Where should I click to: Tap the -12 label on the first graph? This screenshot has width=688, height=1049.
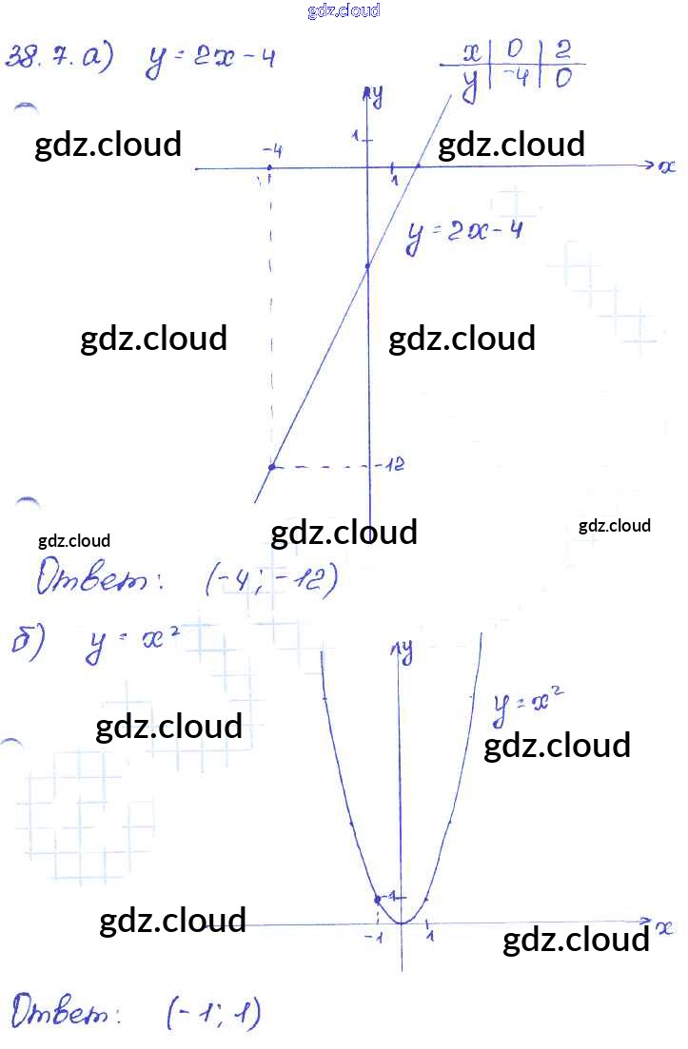pos(391,465)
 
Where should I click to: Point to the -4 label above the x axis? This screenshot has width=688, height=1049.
pos(272,150)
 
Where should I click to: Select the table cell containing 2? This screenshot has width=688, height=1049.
pos(562,52)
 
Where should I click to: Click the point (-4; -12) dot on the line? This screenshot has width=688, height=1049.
pos(272,466)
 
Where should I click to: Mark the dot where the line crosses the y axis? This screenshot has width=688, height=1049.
pos(367,268)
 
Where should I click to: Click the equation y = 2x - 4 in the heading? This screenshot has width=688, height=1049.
pos(211,60)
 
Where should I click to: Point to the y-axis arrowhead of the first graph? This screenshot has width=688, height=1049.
pos(367,93)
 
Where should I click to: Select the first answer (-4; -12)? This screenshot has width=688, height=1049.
pos(272,579)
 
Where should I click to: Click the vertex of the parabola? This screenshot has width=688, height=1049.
pos(402,923)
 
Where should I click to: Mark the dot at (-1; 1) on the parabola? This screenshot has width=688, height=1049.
pos(378,899)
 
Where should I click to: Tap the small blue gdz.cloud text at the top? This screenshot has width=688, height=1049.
pos(344,10)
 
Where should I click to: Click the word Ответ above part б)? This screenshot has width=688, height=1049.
pos(91,578)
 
